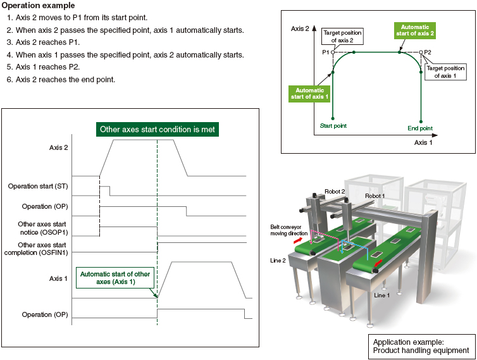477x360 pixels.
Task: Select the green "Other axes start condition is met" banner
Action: (158, 129)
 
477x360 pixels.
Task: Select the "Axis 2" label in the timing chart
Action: (58, 147)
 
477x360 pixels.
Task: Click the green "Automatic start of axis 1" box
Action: (308, 94)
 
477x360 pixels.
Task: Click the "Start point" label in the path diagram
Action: (333, 125)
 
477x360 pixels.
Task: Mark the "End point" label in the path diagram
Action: (420, 128)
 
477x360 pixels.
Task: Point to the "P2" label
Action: (428, 52)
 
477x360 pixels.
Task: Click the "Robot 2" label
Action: (335, 190)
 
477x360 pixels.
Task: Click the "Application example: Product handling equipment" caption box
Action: (421, 345)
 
